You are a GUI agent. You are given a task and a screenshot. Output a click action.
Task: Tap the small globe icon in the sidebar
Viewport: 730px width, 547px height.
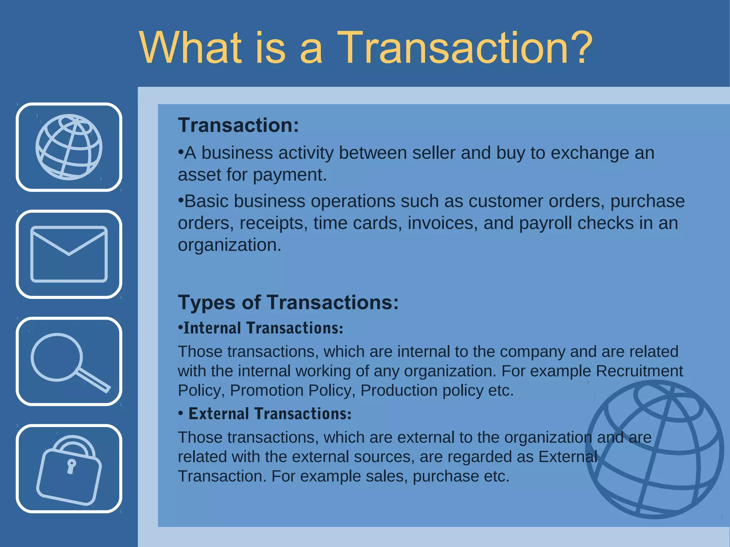[x=69, y=147]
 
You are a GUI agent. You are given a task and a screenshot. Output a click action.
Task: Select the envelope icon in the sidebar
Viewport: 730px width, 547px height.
[x=69, y=254]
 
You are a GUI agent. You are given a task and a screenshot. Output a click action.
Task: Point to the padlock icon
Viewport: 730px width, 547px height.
[x=69, y=469]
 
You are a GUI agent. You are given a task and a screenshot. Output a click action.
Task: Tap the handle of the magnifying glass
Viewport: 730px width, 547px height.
[x=93, y=380]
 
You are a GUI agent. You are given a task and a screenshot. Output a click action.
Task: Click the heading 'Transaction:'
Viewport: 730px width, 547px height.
[x=238, y=125]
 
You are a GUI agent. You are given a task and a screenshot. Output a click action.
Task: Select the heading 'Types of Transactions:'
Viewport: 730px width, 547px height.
[x=288, y=303]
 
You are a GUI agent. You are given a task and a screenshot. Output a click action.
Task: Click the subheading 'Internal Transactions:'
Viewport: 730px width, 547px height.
[x=263, y=328]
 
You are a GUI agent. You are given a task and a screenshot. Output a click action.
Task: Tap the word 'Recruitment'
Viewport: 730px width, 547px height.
[x=639, y=371]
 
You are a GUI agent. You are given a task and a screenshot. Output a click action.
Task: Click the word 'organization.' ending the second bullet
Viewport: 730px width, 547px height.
[x=229, y=245]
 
